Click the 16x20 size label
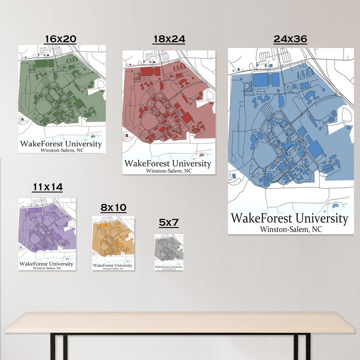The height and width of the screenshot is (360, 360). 60,39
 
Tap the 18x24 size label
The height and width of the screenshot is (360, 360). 169,39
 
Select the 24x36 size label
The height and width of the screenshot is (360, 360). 290,39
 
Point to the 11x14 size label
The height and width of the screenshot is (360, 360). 47,187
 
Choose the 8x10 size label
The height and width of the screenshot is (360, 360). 113,208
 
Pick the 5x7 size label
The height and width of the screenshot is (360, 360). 169,223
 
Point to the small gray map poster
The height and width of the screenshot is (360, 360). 169,249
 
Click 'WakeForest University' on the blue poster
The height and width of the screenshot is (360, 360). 289,219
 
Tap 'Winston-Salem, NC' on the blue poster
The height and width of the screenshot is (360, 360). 291,229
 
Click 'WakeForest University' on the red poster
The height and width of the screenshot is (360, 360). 168,163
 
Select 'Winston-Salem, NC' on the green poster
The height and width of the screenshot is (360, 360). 62,150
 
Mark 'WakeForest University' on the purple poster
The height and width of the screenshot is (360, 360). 46,264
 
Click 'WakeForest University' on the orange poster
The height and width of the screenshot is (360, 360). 113,265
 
